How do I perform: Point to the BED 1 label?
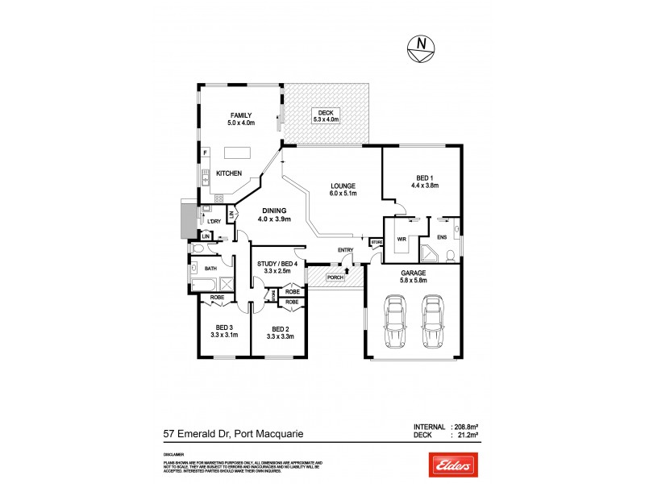point(422,181)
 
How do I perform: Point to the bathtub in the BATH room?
point(202,284)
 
